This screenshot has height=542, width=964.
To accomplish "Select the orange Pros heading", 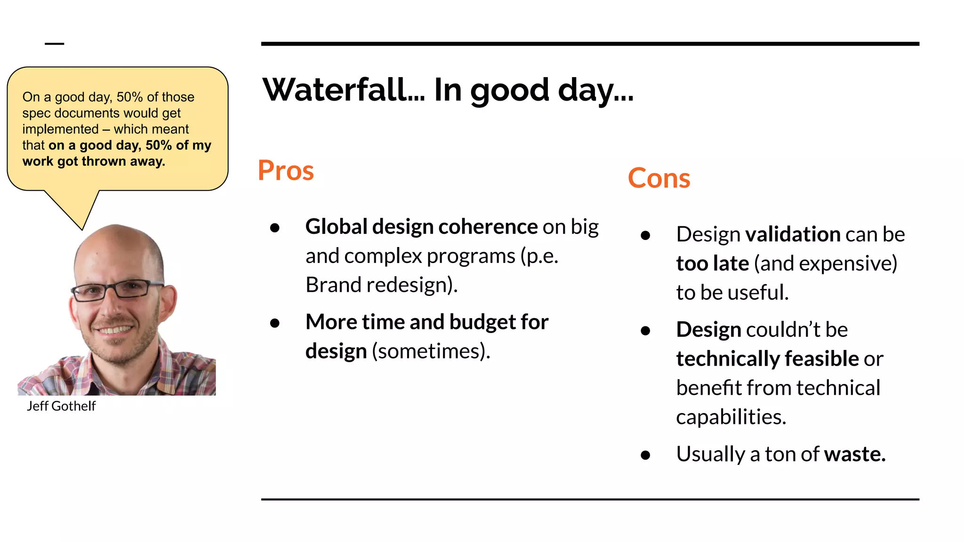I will pos(286,170).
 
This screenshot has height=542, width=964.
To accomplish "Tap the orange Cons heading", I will pos(659,178).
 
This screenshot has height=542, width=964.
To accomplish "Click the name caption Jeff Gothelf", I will pos(61,406).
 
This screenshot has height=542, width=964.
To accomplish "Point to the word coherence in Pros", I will pos(488,227).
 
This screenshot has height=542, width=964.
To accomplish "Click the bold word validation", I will pos(793,234).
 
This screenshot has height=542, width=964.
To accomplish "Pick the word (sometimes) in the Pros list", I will pos(431,351).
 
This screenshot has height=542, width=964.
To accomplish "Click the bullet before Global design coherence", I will pos(275,228).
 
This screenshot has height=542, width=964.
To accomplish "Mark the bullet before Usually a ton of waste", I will pos(645,455).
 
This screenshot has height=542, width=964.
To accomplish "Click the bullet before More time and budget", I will pos(275,323).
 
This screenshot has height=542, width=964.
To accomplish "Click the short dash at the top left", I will pos(54,44).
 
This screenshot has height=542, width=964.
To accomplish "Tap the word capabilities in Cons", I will pos(731,417).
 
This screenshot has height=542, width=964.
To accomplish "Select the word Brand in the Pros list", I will pos(333,285).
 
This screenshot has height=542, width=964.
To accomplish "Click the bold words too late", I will pos(712,263).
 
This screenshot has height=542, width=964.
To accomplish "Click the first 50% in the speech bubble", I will pos(129,97).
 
